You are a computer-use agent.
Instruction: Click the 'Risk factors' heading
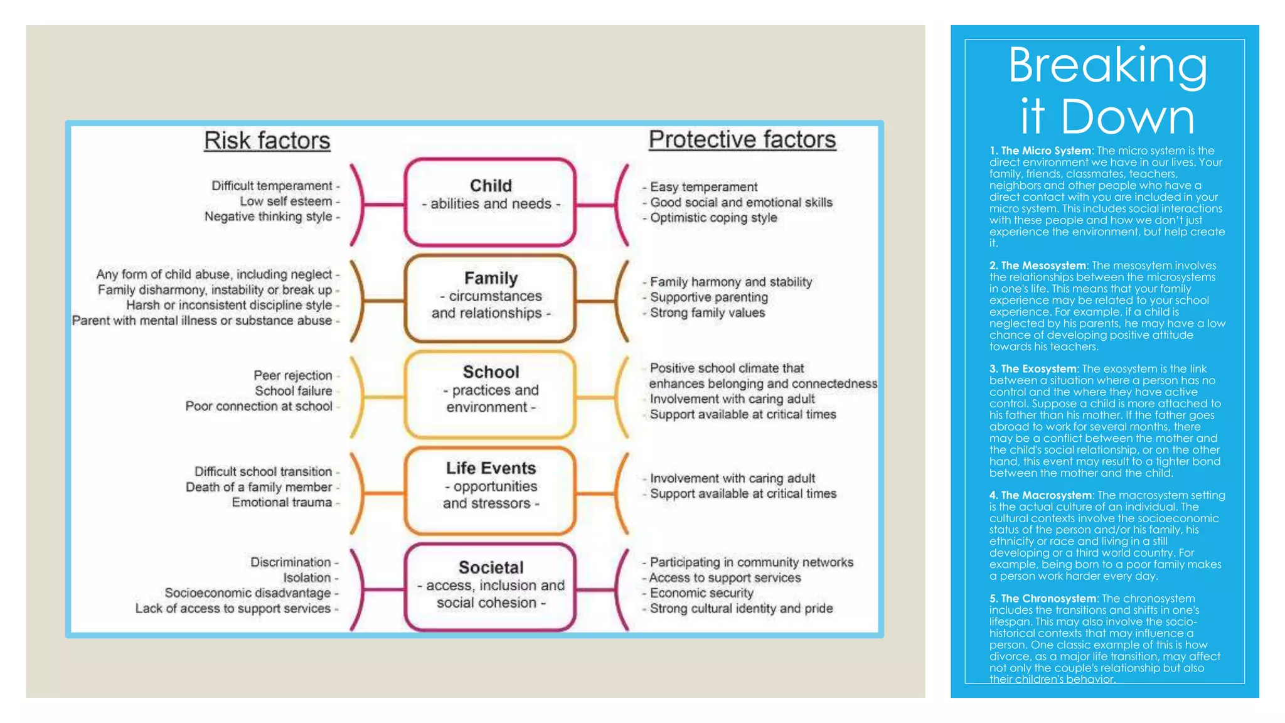pyautogui.click(x=267, y=141)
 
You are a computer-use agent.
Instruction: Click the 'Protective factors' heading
pyautogui.click(x=742, y=139)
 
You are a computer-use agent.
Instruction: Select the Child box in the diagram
pyautogui.click(x=490, y=201)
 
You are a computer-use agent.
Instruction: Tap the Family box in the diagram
pyautogui.click(x=490, y=297)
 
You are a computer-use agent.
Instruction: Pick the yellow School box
pyautogui.click(x=490, y=393)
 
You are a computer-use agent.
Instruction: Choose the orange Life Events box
pyautogui.click(x=490, y=490)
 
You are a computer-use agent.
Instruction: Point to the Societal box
pyautogui.click(x=490, y=586)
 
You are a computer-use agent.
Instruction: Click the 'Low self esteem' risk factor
pyautogui.click(x=286, y=201)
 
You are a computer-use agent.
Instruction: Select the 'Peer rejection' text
pyautogui.click(x=293, y=375)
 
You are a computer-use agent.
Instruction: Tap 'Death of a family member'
pyautogui.click(x=259, y=487)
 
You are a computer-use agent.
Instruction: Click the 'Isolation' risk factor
pyautogui.click(x=307, y=577)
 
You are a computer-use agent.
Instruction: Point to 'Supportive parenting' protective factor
pyautogui.click(x=708, y=297)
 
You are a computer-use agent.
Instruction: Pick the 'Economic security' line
pyautogui.click(x=701, y=593)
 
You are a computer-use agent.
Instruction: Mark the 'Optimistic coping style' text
pyautogui.click(x=713, y=218)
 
